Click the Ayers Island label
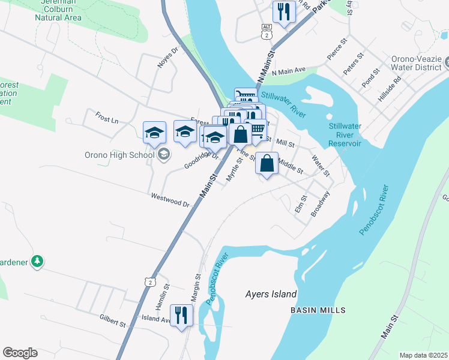coord(271,294)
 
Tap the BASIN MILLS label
coord(318,310)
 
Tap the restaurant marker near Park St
coord(283,11)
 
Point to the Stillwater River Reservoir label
coord(345,135)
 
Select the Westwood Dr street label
coord(170,199)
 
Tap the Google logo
coord(20,353)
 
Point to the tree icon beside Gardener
coord(37,261)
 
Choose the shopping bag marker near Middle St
coord(267,163)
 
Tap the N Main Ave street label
coord(289,70)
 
